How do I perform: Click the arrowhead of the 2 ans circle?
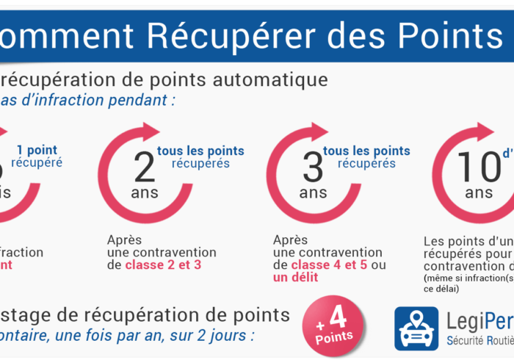pyautogui.click(x=151, y=132)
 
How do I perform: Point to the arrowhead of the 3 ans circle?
pyautogui.click(x=319, y=132)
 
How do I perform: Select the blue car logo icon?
pyautogui.click(x=416, y=328)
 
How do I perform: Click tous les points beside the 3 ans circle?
pyautogui.click(x=366, y=151)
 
